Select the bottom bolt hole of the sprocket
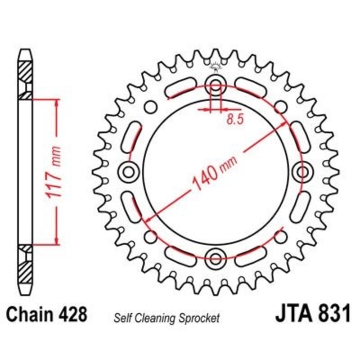216,258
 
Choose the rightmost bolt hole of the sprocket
302,171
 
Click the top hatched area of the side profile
25,72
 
